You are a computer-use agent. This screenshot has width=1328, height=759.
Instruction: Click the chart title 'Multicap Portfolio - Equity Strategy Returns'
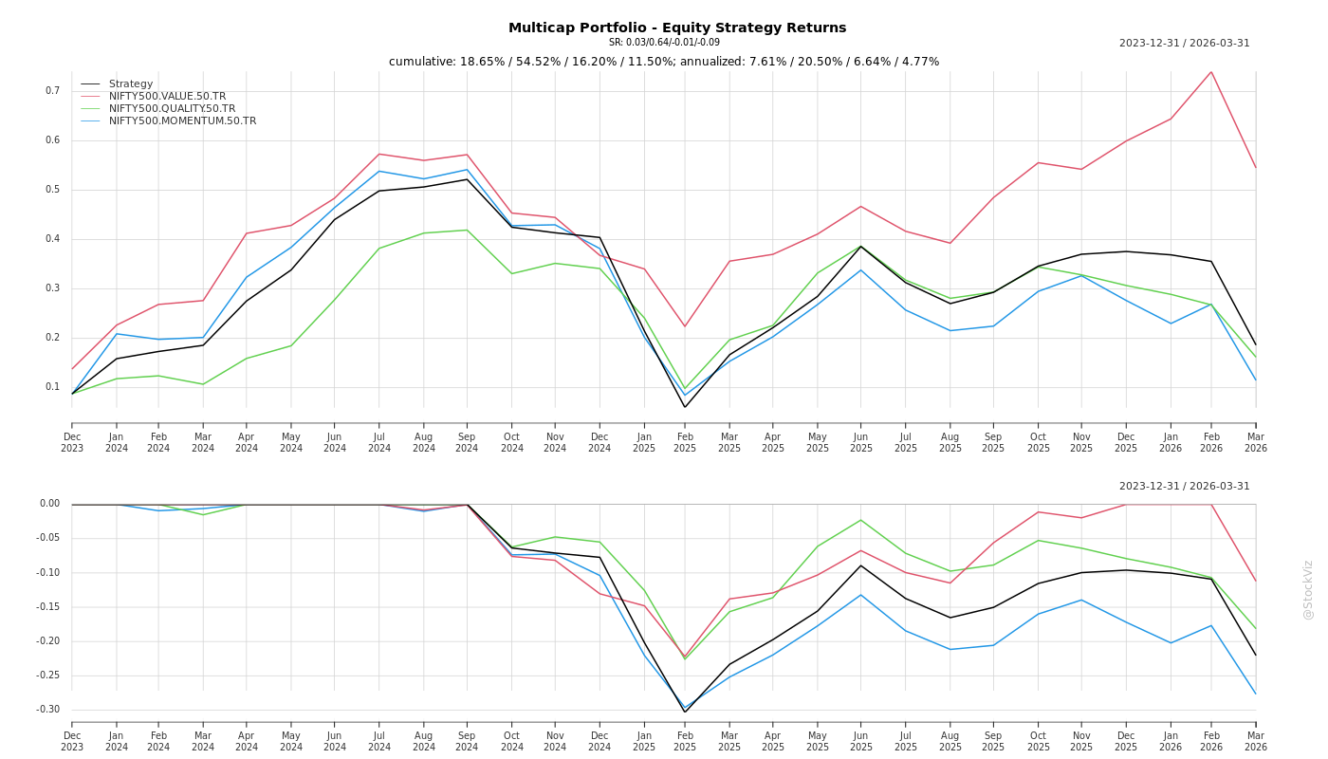click(677, 28)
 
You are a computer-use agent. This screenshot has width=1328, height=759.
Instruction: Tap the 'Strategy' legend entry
click(131, 83)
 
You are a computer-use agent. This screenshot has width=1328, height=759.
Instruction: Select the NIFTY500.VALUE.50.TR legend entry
click(167, 96)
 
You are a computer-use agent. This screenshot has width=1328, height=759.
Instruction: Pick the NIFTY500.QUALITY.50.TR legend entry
click(172, 108)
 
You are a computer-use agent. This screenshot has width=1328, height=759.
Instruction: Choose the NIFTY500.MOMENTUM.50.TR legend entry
click(182, 120)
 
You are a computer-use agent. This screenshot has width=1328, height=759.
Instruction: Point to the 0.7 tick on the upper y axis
click(52, 91)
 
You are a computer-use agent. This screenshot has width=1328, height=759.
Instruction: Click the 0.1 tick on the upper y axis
click(52, 387)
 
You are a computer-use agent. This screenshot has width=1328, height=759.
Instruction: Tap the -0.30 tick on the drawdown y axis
click(47, 710)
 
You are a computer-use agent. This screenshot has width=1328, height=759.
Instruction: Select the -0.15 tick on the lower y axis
click(47, 607)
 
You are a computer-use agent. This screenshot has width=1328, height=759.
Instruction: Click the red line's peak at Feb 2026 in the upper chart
click(1211, 72)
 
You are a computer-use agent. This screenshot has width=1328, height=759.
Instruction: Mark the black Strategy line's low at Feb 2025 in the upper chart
click(685, 407)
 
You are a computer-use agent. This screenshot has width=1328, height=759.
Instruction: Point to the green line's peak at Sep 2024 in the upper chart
click(467, 230)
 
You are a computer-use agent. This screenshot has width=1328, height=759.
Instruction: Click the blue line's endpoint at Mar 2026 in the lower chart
click(1256, 694)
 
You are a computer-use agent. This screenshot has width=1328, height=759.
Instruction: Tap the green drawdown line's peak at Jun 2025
click(861, 519)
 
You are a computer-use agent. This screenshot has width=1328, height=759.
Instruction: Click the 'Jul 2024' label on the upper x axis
click(379, 442)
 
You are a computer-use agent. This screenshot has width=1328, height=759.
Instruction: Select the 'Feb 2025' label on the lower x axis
click(685, 741)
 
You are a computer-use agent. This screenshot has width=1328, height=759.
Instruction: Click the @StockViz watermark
click(1308, 589)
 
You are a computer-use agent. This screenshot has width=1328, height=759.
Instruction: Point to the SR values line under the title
click(664, 43)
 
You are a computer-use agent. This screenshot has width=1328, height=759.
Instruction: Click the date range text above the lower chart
click(1184, 487)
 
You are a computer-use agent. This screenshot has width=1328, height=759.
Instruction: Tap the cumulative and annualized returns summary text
click(664, 62)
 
